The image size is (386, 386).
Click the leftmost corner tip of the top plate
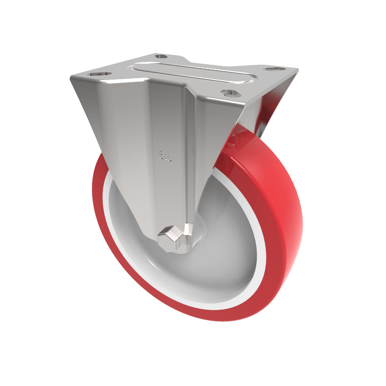click(71, 77)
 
